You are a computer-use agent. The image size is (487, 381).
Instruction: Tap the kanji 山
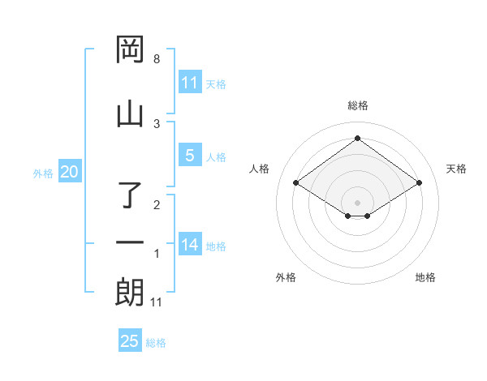coord(130,113)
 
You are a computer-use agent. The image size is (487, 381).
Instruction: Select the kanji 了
coord(131,195)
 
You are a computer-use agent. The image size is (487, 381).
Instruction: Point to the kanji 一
coord(130,242)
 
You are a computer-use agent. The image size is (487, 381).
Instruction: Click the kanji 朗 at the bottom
coord(130,292)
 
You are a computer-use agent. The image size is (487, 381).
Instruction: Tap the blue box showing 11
coord(190,83)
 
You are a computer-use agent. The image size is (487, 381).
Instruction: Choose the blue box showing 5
coord(190,156)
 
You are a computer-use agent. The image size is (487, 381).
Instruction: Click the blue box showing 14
coord(190,245)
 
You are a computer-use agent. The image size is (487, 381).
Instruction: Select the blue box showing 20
coord(69,172)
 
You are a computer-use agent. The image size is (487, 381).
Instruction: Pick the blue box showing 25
coord(130,341)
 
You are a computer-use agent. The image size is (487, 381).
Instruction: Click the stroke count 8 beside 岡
coord(157,59)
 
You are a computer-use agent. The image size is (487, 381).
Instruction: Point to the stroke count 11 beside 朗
coord(157,302)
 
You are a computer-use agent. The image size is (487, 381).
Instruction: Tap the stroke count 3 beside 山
coord(157,123)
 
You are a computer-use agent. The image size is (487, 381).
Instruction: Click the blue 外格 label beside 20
coord(43,173)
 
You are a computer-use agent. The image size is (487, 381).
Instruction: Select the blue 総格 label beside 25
coord(156,343)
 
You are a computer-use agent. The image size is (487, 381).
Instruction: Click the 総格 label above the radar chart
coord(358,105)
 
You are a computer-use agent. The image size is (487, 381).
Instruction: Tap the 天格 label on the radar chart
coord(456,169)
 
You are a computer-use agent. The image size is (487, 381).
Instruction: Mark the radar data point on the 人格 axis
coord(296,183)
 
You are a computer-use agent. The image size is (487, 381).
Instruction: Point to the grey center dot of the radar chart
coord(358,202)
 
